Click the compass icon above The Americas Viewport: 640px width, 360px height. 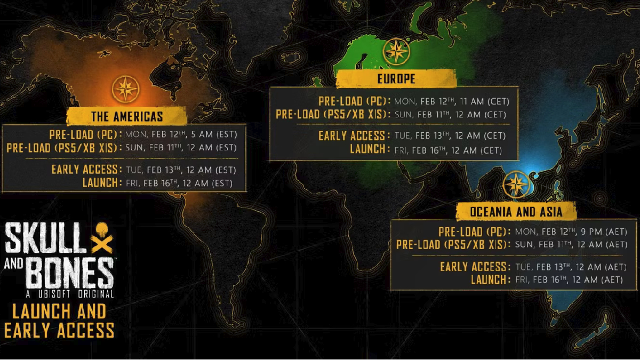[126, 89]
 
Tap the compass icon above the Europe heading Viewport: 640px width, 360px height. [396, 52]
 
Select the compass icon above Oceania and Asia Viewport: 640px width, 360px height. [516, 185]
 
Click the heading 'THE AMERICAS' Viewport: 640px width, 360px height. [127, 117]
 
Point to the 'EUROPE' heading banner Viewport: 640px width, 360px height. [396, 79]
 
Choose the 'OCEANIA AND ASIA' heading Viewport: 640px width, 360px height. [516, 212]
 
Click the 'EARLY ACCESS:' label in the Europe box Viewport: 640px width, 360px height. [353, 136]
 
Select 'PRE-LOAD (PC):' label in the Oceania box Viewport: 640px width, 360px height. [474, 232]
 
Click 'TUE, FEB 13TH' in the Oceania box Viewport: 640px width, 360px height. [540, 267]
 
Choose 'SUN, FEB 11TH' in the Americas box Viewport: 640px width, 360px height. [151, 148]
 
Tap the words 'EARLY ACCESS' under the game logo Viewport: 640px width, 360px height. [59, 330]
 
